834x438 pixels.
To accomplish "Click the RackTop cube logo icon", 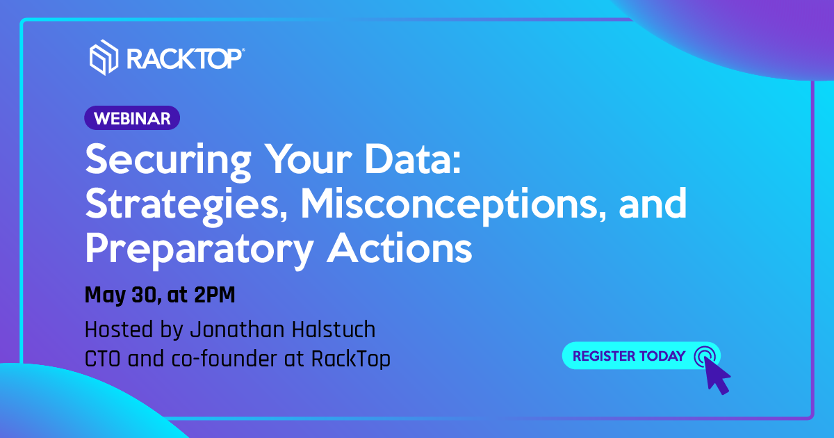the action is pyautogui.click(x=104, y=57).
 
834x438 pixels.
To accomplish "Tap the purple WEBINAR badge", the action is pyautogui.click(x=132, y=118).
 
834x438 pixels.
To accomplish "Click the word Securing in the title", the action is pyautogui.click(x=168, y=160).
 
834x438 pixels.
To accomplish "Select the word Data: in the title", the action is pyautogui.click(x=414, y=159).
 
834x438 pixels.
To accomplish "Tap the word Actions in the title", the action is pyautogui.click(x=400, y=248).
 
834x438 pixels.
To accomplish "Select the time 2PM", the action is pyautogui.click(x=215, y=295).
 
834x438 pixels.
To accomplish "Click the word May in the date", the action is pyautogui.click(x=106, y=295).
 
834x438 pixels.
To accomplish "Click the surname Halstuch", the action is pyautogui.click(x=334, y=330).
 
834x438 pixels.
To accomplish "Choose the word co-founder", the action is pyautogui.click(x=224, y=358).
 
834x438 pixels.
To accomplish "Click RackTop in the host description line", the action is pyautogui.click(x=351, y=359).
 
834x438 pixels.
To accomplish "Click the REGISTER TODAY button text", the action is pyautogui.click(x=629, y=356).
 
